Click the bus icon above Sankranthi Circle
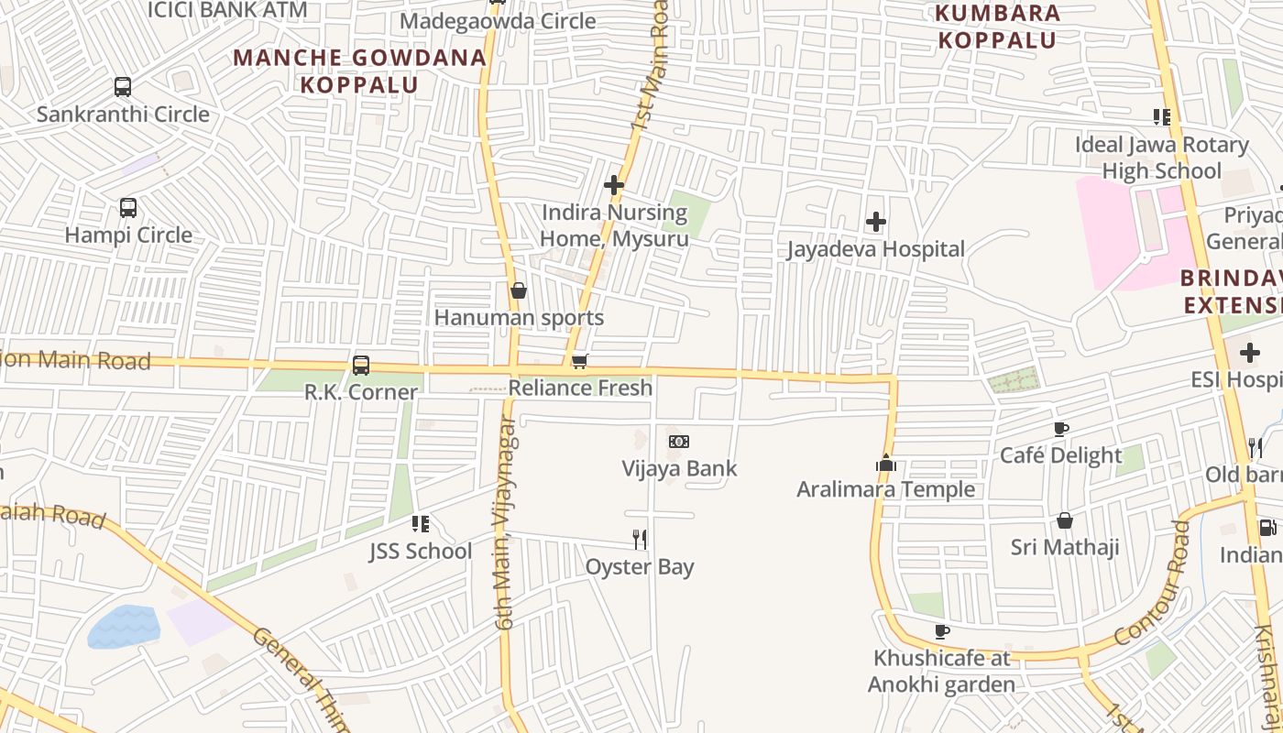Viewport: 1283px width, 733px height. pos(123,87)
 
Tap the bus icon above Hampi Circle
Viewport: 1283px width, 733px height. pos(128,208)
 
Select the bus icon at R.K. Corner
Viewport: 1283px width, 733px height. pos(361,366)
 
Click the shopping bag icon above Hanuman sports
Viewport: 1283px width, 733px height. pos(519,290)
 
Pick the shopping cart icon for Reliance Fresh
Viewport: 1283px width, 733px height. pos(579,362)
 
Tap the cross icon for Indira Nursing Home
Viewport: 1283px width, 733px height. pos(614,186)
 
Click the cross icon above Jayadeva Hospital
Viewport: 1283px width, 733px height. pos(876,222)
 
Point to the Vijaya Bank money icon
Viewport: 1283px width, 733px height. pos(679,442)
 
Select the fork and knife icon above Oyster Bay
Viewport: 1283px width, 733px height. pos(640,540)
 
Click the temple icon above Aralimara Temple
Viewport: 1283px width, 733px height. pos(885,463)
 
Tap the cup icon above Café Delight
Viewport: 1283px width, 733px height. pos(1061,429)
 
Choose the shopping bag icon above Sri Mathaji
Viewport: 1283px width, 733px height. pos(1065,520)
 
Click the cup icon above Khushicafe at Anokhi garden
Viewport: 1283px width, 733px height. pos(941,631)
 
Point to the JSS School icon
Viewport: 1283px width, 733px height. pos(421,524)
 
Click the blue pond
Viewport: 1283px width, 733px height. pos(124,627)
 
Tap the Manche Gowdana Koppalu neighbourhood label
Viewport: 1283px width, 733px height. pos(359,71)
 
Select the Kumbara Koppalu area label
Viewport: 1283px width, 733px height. pos(997,27)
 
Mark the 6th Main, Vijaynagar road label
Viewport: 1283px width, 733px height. pos(506,522)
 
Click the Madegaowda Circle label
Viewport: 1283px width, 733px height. pos(498,20)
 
